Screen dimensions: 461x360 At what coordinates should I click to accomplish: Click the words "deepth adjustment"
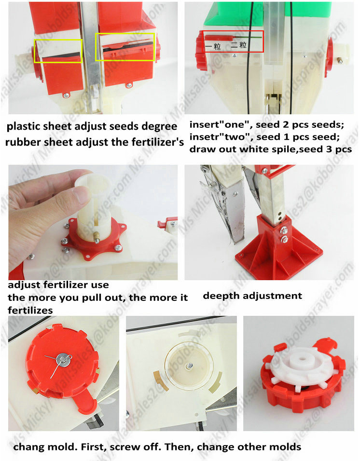(x=252, y=296)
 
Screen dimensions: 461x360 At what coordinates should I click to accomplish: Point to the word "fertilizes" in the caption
(x=30, y=311)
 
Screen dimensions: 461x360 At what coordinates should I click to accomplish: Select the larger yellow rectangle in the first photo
(x=125, y=47)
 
